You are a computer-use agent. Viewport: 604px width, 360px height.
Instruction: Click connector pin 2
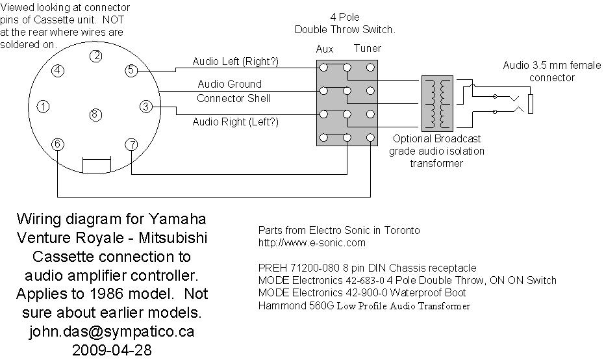(96, 56)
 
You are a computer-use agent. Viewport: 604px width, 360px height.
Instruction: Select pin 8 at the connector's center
(95, 115)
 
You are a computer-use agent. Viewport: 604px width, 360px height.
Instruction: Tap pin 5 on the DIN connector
(132, 71)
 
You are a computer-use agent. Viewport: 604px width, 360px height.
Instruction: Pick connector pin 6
(58, 144)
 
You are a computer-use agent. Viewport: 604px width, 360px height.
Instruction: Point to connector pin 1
(44, 107)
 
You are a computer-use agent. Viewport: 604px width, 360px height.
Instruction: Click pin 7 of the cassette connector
(132, 144)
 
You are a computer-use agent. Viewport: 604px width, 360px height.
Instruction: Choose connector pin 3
(145, 106)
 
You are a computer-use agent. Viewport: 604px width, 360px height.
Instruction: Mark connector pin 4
(58, 71)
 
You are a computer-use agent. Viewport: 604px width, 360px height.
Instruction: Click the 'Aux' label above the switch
(324, 49)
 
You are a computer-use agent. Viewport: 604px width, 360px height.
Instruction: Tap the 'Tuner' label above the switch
(367, 49)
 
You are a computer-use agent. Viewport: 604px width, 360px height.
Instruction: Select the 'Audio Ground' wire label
(229, 84)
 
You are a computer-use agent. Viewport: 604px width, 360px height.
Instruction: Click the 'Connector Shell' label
(233, 99)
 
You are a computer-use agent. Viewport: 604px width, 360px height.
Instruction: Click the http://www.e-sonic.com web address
(312, 242)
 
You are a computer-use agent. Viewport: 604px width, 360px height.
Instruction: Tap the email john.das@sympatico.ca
(112, 331)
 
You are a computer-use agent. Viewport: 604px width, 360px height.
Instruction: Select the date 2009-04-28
(111, 350)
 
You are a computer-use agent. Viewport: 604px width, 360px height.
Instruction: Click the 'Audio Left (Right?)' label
(235, 62)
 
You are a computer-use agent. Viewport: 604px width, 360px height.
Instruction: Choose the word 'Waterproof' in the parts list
(400, 293)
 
